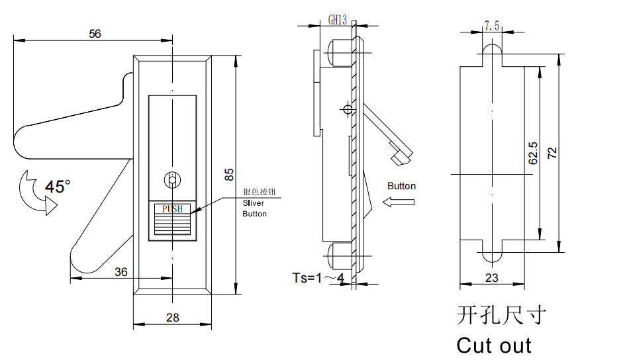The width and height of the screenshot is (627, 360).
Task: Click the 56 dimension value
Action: click(x=95, y=34)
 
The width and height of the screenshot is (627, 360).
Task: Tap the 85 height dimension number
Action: click(x=229, y=175)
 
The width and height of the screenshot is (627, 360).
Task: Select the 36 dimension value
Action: click(x=121, y=272)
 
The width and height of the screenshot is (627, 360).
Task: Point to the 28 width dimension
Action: click(x=172, y=318)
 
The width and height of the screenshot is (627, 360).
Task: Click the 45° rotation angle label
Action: click(x=58, y=187)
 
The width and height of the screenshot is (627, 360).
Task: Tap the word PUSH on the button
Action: click(x=172, y=208)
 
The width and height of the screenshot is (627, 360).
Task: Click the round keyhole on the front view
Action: click(x=172, y=180)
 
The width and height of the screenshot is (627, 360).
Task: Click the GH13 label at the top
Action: click(x=338, y=20)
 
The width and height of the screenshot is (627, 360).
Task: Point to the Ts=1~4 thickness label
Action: click(x=318, y=278)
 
